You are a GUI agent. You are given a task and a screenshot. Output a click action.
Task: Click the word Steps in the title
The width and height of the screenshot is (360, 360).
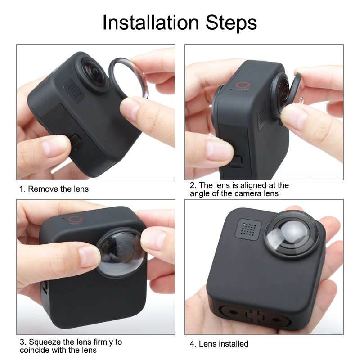[x=230, y=22]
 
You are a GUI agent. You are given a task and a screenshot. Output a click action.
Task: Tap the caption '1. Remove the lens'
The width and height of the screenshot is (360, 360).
[x=54, y=189]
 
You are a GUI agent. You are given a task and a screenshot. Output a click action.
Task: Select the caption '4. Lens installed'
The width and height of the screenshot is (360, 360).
[x=219, y=344]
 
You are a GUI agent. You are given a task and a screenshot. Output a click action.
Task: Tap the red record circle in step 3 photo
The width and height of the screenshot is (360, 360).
[x=76, y=220]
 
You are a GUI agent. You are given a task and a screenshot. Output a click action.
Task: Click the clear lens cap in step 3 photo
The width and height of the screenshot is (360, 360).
[x=120, y=252]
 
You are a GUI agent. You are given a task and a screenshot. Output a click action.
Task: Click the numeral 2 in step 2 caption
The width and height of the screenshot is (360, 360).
[x=192, y=185]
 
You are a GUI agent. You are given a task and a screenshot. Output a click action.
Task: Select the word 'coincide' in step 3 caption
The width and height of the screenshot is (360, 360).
[x=36, y=350]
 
